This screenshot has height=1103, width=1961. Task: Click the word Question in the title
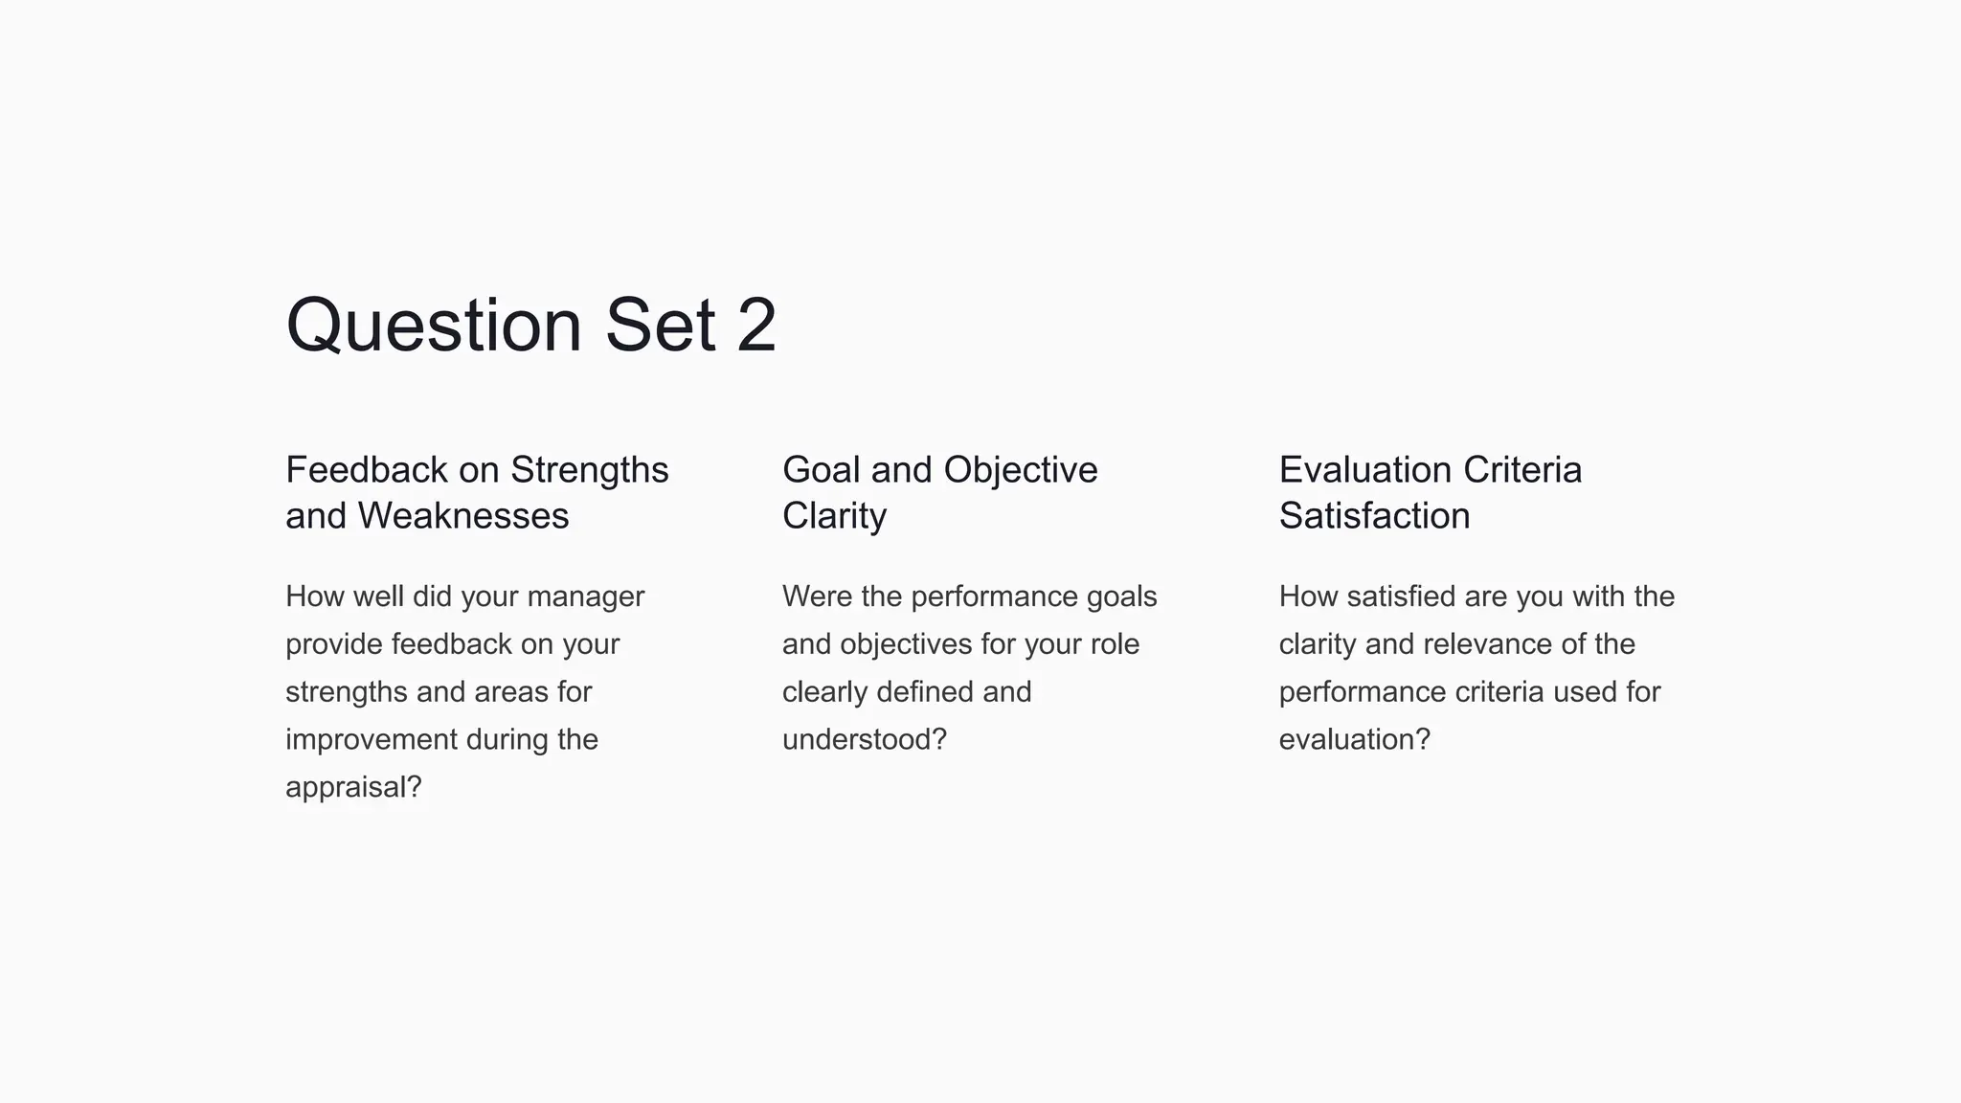click(x=434, y=326)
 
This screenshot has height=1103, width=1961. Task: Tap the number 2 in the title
click(x=756, y=326)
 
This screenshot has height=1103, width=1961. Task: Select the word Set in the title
click(x=660, y=326)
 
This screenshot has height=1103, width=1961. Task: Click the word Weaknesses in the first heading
click(x=463, y=516)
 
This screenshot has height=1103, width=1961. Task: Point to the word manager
click(x=585, y=597)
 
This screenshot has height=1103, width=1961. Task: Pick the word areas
click(x=513, y=692)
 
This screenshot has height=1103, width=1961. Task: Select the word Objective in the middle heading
click(x=1020, y=470)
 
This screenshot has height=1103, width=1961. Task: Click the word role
click(x=1115, y=644)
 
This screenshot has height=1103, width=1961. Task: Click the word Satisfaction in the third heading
click(x=1374, y=516)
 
